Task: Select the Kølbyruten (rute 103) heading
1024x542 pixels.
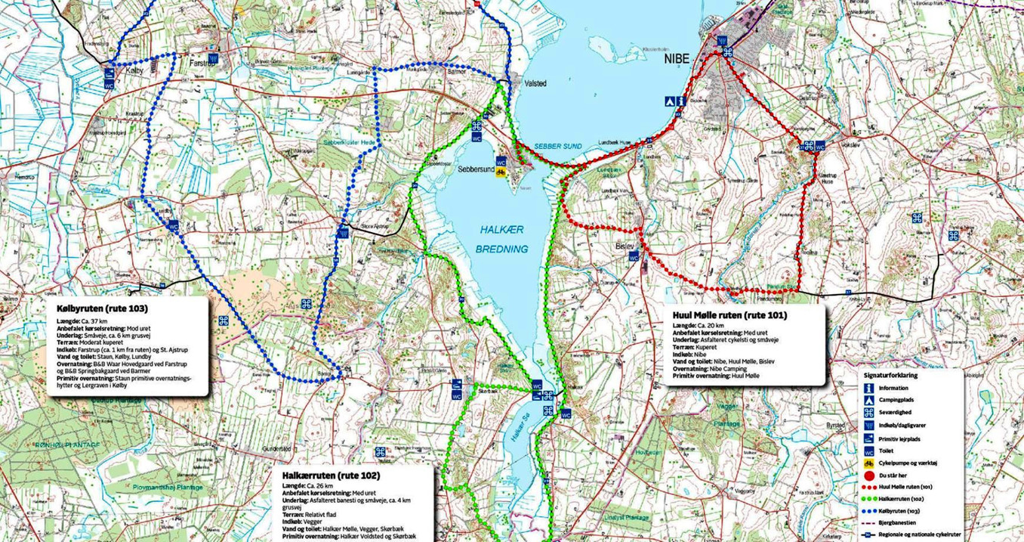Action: (x=102, y=309)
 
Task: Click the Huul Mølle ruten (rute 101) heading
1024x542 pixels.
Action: (x=729, y=314)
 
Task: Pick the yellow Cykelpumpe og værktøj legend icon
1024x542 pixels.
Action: (x=868, y=463)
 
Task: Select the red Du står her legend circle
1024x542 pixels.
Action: (x=868, y=475)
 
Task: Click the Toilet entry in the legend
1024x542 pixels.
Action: (x=887, y=450)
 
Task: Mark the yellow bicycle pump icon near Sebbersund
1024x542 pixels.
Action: (x=500, y=172)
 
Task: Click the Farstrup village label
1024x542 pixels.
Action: (x=199, y=64)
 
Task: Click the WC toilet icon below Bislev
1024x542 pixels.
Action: (x=634, y=257)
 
